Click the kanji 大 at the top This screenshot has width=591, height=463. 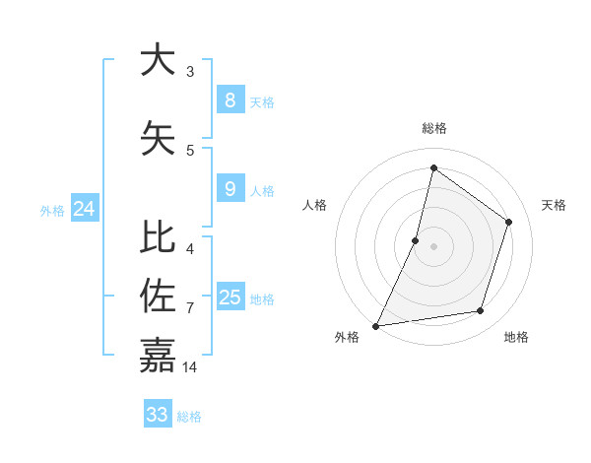(x=158, y=60)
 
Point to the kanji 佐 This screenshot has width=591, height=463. (x=158, y=296)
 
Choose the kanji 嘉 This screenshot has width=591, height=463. (x=158, y=355)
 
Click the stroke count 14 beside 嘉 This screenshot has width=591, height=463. (x=190, y=367)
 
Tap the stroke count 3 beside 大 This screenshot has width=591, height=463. (x=190, y=71)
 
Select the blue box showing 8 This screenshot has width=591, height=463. (x=230, y=99)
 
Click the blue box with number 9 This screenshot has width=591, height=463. (x=230, y=188)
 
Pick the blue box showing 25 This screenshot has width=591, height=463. (x=230, y=297)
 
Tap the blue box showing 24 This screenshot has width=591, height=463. (x=85, y=208)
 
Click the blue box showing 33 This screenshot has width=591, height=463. (x=158, y=414)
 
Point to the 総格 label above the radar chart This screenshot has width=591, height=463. (x=433, y=128)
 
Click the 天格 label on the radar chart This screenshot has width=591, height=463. (x=554, y=205)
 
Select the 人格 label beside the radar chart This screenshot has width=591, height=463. (x=314, y=205)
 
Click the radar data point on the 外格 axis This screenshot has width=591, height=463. (x=375, y=325)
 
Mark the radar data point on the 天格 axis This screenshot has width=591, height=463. (x=509, y=222)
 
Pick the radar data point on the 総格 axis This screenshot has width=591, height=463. (x=433, y=168)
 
